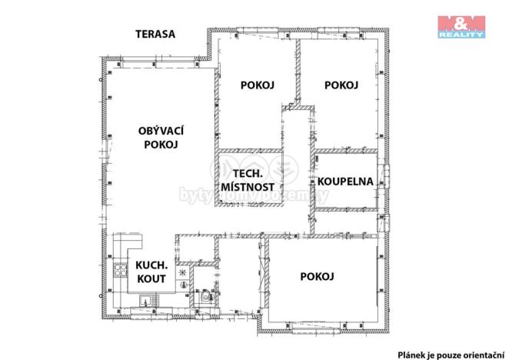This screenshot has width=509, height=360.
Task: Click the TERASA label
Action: (155, 34)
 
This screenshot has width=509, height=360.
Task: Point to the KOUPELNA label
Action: (345, 182)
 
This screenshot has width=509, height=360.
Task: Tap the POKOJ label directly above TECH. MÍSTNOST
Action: (258, 85)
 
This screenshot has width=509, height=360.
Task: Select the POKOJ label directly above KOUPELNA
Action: (341, 85)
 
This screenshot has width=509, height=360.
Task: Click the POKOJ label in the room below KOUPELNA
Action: (317, 276)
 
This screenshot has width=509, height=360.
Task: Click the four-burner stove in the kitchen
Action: (120, 269)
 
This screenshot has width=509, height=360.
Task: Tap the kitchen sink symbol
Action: (154, 301)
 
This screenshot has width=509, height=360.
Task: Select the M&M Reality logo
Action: (461, 25)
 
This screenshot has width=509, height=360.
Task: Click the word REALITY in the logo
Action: (461, 35)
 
